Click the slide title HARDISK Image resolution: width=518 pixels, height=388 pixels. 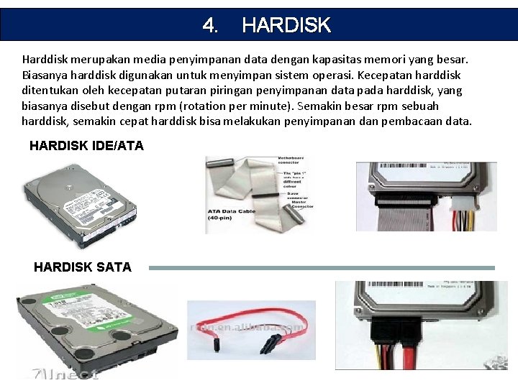coord(286,26)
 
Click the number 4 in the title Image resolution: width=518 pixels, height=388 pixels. coord(210,26)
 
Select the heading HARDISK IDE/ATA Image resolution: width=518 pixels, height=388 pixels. coord(86,146)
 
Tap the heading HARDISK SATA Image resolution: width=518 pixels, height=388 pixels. coord(83,267)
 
